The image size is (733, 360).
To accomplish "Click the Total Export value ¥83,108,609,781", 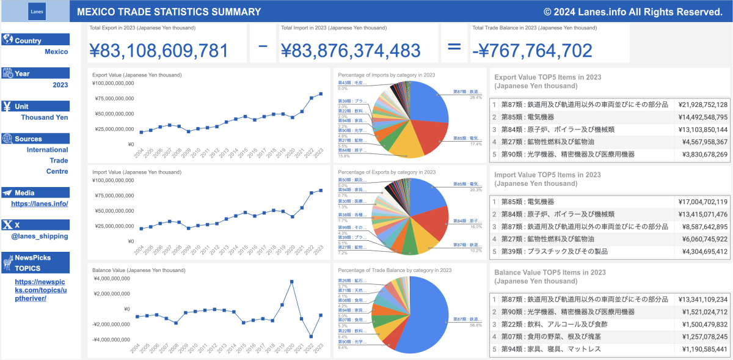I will (159, 51).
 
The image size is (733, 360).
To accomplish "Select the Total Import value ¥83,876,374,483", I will (351, 51).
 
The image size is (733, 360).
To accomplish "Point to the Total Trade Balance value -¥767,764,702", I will (532, 51).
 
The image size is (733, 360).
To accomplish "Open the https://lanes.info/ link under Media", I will (40, 204).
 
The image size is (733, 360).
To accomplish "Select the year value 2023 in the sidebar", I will (60, 85).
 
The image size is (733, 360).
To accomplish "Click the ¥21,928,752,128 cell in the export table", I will (702, 105).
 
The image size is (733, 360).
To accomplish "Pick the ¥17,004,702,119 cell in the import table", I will (702, 202).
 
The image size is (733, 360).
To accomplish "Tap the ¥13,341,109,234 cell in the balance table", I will (702, 299).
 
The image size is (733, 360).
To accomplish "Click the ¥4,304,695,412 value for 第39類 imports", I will (702, 251).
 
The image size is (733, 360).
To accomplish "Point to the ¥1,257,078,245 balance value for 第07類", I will (702, 337).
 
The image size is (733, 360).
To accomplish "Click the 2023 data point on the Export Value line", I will (321, 94).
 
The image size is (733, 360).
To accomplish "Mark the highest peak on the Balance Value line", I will (292, 281).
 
